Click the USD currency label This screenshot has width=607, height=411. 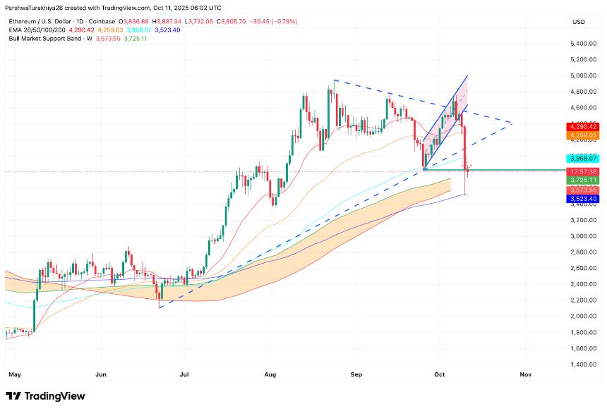(x=579, y=23)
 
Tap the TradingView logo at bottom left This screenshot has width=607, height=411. (x=45, y=396)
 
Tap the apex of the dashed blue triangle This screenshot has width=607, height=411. (x=510, y=123)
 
